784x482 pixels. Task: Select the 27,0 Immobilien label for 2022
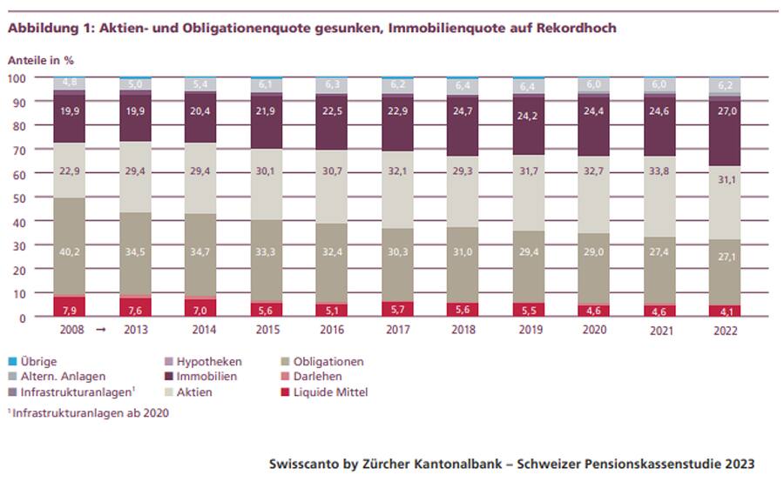[725, 111]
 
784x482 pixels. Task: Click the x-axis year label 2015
[268, 331]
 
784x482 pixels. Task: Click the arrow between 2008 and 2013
[100, 331]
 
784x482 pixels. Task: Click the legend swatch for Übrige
[12, 362]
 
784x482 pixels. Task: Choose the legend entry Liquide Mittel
[330, 392]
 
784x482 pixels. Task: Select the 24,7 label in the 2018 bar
[463, 112]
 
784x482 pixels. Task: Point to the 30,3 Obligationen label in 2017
[399, 253]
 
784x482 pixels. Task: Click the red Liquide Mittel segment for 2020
[594, 309]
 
